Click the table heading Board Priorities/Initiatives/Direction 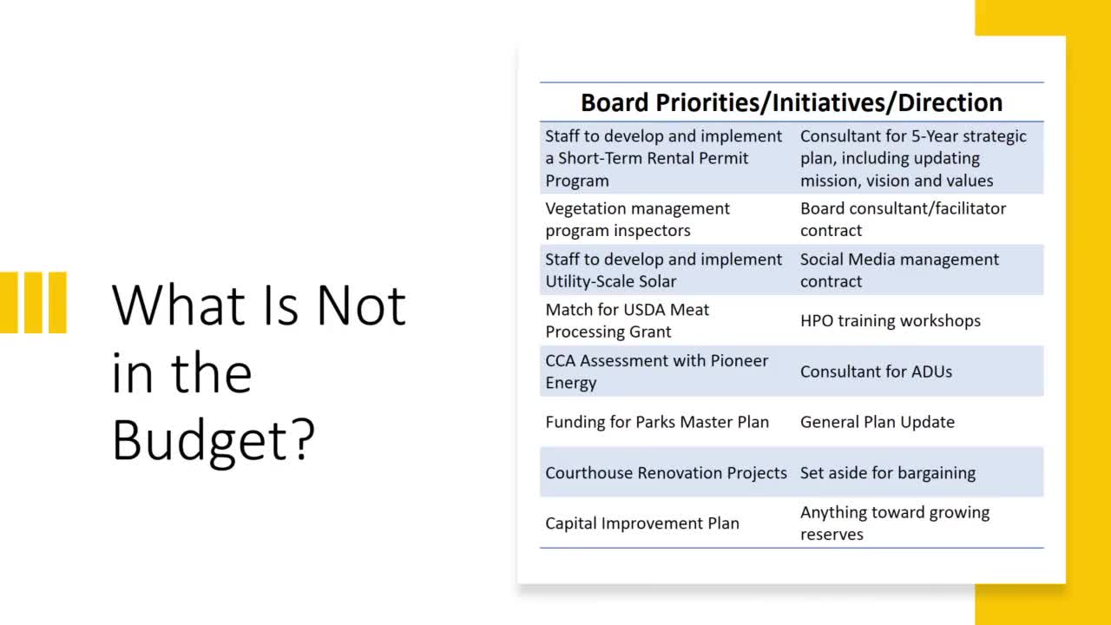[792, 102]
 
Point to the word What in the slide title [179, 306]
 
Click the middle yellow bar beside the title [33, 303]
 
